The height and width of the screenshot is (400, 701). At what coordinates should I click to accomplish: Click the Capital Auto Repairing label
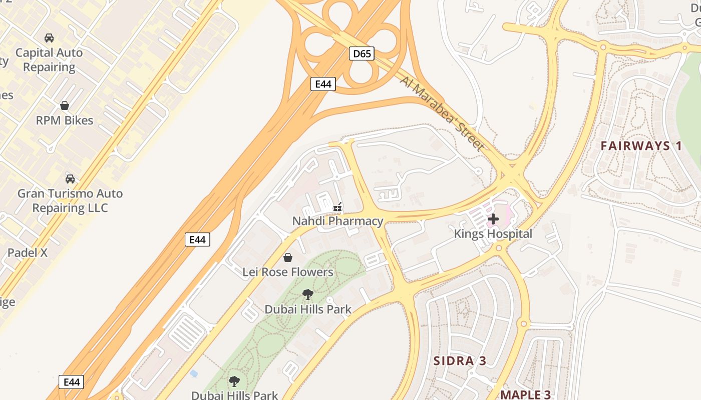(49, 59)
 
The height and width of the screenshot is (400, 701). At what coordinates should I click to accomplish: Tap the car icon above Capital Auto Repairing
(49, 38)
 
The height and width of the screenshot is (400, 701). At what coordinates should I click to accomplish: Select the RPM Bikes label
(65, 120)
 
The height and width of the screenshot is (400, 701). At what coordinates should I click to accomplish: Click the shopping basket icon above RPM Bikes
(65, 105)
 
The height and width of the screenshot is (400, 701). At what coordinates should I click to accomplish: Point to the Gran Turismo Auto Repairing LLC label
(70, 200)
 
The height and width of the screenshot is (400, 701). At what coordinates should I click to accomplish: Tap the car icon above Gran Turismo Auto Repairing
(70, 179)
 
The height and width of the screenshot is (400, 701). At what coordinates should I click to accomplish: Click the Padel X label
(28, 252)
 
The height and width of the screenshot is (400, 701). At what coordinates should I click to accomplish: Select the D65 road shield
(362, 53)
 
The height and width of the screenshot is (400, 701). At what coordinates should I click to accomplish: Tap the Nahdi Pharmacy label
(338, 221)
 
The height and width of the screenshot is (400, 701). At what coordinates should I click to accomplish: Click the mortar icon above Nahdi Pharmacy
(338, 206)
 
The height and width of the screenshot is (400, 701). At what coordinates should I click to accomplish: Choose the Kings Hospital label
(493, 233)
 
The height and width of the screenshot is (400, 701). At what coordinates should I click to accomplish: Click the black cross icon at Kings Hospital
(493, 218)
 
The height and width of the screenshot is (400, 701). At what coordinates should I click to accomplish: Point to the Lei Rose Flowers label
(288, 272)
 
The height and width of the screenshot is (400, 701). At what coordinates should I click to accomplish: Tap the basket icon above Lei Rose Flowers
(288, 257)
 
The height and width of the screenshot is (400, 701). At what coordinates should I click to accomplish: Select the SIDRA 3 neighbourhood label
(460, 361)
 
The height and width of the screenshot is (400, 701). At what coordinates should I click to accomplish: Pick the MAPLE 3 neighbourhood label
(526, 394)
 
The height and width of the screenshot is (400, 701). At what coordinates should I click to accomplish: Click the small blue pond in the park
(194, 373)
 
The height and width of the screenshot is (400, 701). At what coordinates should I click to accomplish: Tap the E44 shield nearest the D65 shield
(323, 84)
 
